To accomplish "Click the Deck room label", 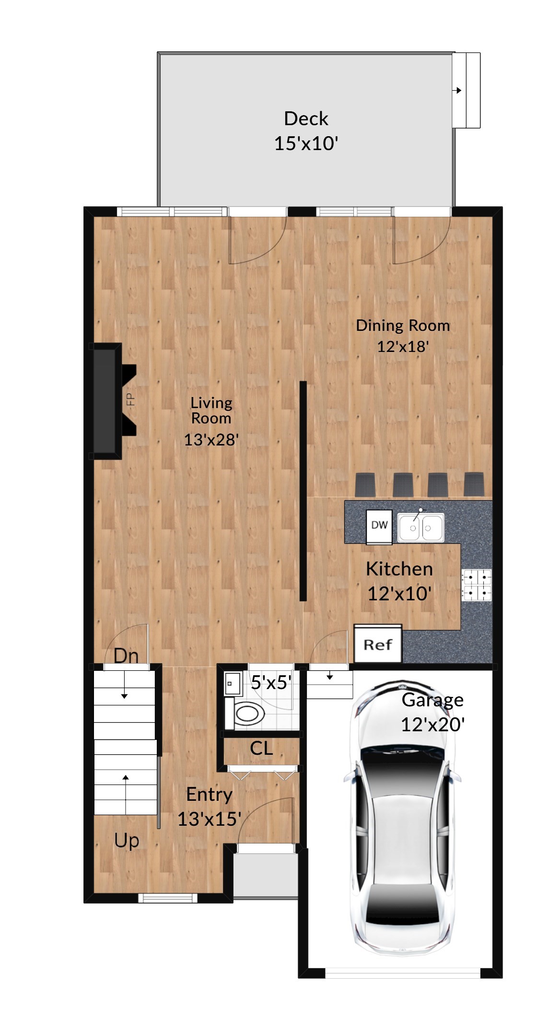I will [306, 118].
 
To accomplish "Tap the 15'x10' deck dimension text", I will [306, 143].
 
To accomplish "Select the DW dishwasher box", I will [379, 525].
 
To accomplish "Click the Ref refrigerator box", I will [378, 644].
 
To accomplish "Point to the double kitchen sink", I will [420, 527].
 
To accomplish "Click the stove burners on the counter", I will [477, 585].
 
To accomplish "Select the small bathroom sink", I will [233, 683].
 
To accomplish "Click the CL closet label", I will [261, 748].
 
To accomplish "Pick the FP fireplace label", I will [130, 399].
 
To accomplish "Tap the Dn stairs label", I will [126, 655].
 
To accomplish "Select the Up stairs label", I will [127, 841].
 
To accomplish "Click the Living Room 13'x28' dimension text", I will [211, 439].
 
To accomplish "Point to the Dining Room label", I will [403, 326].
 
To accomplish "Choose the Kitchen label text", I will [399, 569].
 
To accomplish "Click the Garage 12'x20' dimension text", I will [432, 724].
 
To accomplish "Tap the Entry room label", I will [209, 794].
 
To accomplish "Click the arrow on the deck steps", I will [459, 90].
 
